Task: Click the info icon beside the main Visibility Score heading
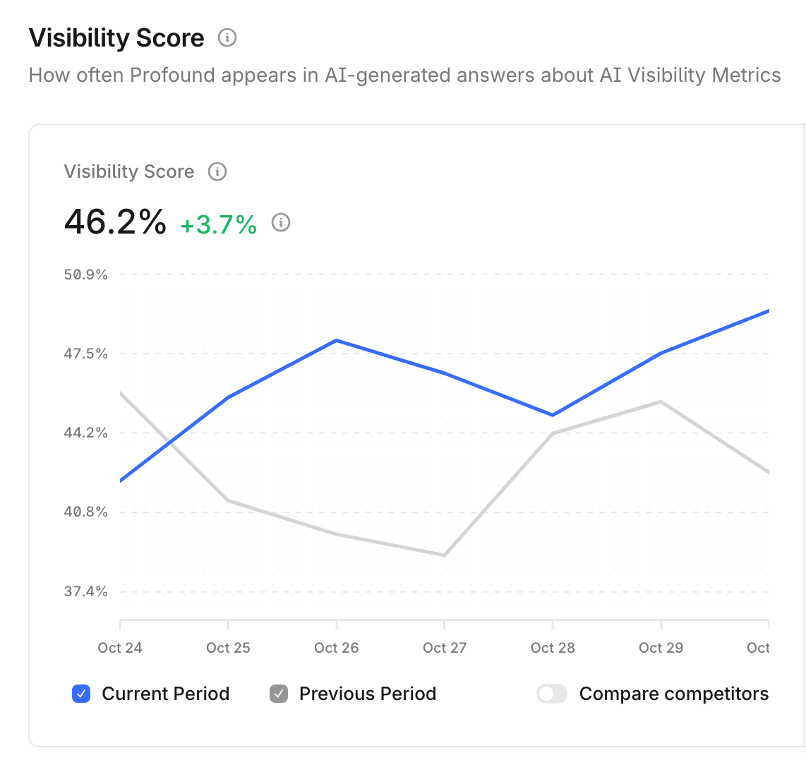(227, 37)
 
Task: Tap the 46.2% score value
(115, 222)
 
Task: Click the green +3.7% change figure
(219, 224)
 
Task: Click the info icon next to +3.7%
(281, 223)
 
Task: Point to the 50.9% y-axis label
(86, 275)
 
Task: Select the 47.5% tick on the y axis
(86, 354)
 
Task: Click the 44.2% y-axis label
(86, 433)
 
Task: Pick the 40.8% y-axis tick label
(86, 512)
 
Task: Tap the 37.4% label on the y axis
(86, 591)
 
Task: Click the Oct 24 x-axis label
(120, 648)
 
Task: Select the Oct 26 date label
(337, 648)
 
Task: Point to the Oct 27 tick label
(445, 648)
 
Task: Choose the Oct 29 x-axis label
(661, 648)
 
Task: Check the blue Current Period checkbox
(81, 694)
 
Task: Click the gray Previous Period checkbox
(279, 694)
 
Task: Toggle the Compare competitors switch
(552, 694)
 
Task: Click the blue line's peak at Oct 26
(337, 340)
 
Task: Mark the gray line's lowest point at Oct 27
(445, 555)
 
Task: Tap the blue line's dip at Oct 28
(553, 415)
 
